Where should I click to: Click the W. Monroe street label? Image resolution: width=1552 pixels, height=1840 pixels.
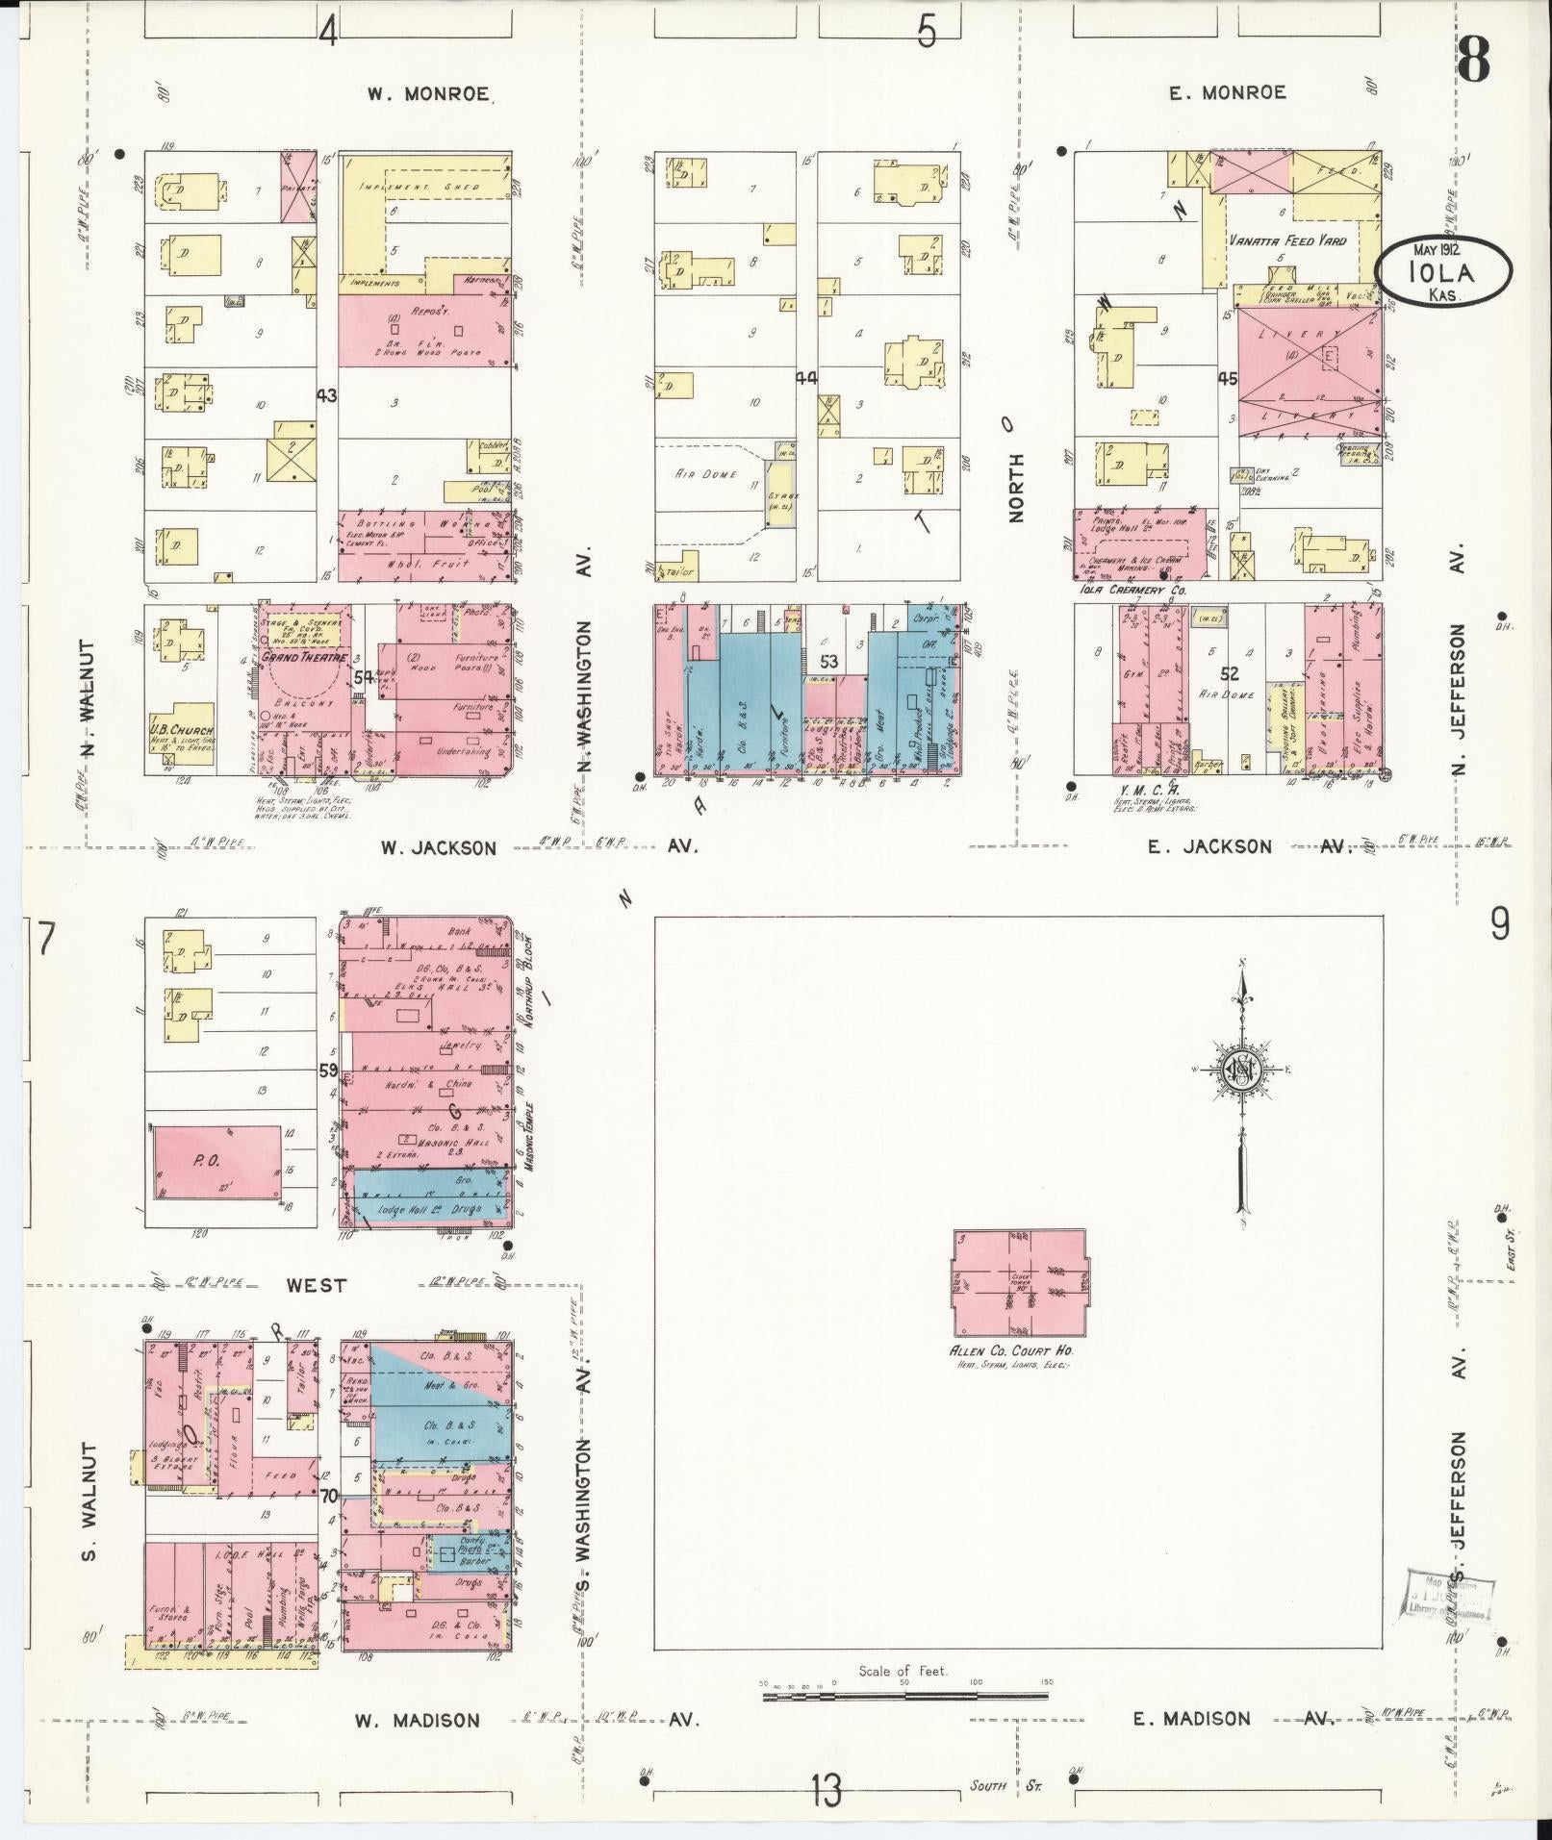(428, 94)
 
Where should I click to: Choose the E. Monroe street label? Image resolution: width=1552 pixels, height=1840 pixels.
(1227, 92)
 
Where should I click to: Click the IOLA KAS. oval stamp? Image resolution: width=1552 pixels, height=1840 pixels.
(1442, 272)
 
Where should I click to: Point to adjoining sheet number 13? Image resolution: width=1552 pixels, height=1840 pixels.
(825, 1791)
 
